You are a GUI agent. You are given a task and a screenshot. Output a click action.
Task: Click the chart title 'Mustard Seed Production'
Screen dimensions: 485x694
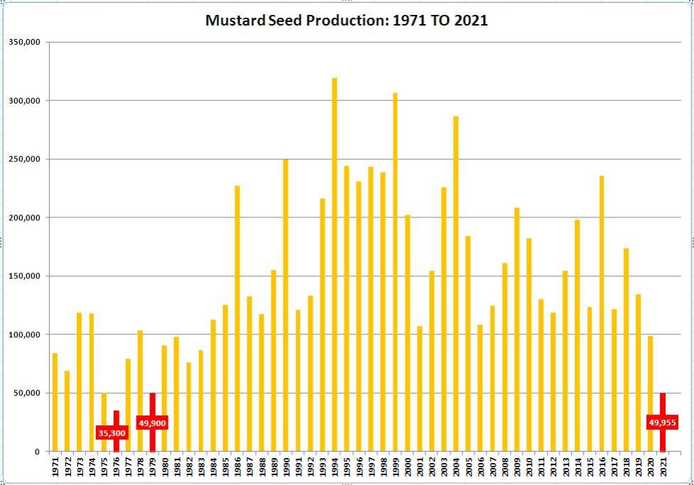point(347,20)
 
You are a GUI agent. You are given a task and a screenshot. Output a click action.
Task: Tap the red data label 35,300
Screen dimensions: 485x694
point(112,432)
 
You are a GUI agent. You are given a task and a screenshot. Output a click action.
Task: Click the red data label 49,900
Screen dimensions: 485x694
point(153,423)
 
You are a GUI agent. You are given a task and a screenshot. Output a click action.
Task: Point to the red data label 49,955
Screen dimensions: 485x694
point(662,423)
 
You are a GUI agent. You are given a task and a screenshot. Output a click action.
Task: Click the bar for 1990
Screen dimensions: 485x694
point(286,305)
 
